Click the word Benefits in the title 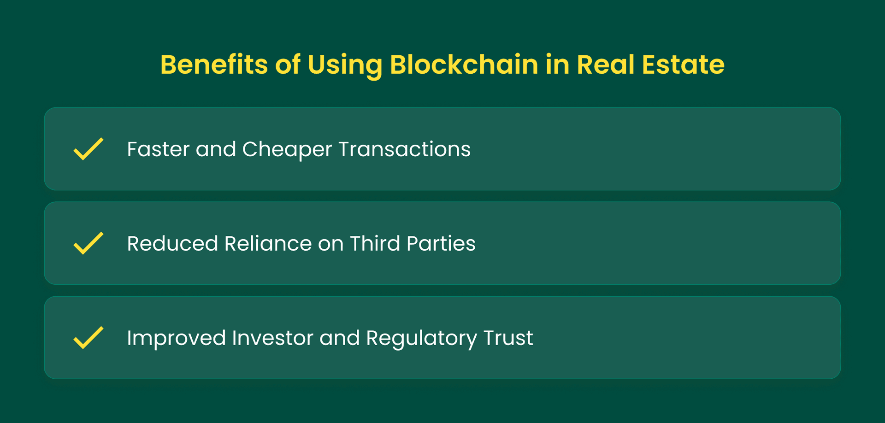point(214,65)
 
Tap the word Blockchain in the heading point(464,65)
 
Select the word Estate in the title point(683,65)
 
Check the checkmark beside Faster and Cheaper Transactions point(88,149)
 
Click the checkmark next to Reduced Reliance point(88,243)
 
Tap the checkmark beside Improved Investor point(88,337)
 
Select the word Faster point(158,149)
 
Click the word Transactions point(405,149)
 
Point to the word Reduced point(172,243)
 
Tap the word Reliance point(268,243)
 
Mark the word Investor point(273,338)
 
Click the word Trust point(508,338)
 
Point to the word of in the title point(288,65)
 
